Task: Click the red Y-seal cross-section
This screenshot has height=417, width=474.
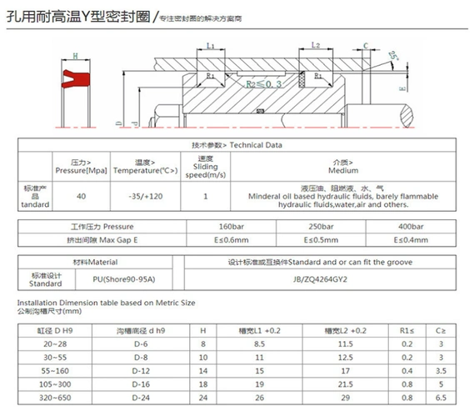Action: (75, 78)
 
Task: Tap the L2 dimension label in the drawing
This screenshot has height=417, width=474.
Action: (317, 46)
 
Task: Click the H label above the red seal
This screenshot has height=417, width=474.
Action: (75, 56)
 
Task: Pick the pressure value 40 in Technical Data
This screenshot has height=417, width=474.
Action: (81, 196)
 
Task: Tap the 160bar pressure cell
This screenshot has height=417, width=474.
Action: (228, 226)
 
